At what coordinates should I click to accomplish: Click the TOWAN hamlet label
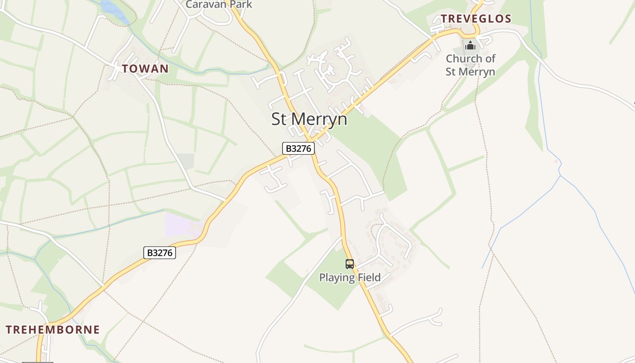[145, 69]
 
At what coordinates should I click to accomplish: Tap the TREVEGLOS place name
[476, 19]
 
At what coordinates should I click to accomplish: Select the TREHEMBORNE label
[53, 330]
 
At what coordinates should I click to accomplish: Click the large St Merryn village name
[309, 119]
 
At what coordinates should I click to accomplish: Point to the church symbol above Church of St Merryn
[470, 45]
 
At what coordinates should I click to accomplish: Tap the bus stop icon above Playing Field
[349, 264]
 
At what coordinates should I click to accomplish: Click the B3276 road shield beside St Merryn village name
[298, 148]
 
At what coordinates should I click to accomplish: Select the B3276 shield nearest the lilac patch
[160, 253]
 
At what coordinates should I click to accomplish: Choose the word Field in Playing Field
[368, 277]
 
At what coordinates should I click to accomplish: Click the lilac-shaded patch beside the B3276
[179, 225]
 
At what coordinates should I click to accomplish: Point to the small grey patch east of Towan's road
[186, 161]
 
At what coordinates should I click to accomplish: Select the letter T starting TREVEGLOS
[444, 19]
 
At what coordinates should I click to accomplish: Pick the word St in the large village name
[279, 119]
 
